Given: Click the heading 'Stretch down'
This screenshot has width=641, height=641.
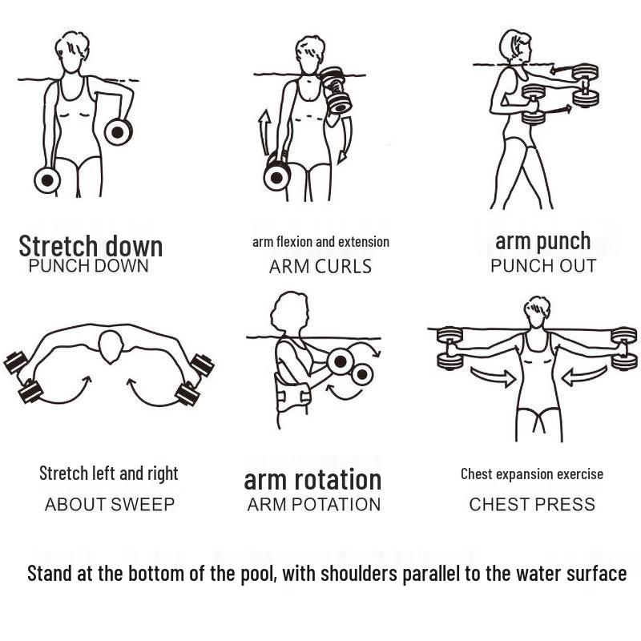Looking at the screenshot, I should click(x=91, y=245).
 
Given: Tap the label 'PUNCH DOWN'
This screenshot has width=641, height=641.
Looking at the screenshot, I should click(x=88, y=266).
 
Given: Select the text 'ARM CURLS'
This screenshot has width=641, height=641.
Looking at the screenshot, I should click(x=320, y=267).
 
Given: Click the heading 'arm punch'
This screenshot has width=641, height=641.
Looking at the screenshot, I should click(x=542, y=240).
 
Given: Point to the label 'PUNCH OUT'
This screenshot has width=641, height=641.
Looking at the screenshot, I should click(x=543, y=266).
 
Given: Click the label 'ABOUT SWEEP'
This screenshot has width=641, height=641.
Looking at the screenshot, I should click(x=110, y=505).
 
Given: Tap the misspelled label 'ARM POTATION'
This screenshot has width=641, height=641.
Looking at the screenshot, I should click(x=313, y=505).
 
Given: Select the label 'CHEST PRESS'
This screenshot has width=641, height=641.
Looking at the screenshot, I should click(x=532, y=505).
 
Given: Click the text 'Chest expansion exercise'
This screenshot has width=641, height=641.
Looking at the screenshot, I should click(x=532, y=474).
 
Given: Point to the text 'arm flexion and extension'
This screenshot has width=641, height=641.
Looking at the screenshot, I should click(x=320, y=242).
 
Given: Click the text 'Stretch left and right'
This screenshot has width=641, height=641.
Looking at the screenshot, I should click(x=109, y=474).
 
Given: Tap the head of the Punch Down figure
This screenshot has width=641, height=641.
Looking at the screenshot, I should click(x=71, y=52).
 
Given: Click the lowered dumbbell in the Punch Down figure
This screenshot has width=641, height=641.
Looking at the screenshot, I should click(x=47, y=180).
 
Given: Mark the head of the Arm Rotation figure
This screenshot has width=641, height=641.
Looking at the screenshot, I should click(x=289, y=312).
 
